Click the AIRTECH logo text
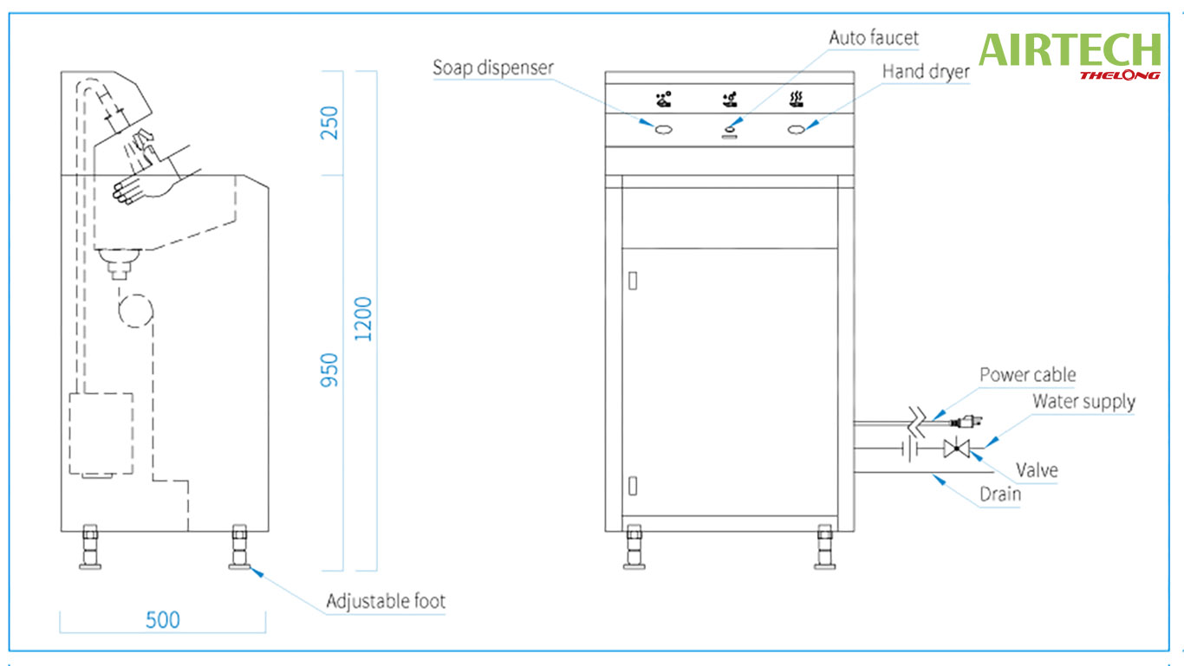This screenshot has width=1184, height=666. click(x=1070, y=50)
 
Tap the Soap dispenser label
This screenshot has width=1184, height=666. click(x=493, y=68)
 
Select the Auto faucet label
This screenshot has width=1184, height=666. click(x=874, y=38)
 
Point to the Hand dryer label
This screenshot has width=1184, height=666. click(x=926, y=72)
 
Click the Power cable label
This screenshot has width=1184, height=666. click(x=1027, y=375)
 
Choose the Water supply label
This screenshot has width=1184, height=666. click(x=1083, y=402)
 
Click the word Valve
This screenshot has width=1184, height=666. click(x=1037, y=470)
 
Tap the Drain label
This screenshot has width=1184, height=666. click(x=999, y=495)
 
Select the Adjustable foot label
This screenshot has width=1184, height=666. click(x=386, y=601)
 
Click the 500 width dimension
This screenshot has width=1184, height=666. click(x=163, y=620)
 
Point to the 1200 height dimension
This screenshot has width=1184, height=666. click(x=364, y=319)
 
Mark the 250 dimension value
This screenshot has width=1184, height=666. click(x=330, y=124)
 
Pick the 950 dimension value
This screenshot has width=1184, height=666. click(x=330, y=370)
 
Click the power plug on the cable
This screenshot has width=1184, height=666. click(x=966, y=422)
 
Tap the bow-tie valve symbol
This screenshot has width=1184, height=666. click(x=957, y=449)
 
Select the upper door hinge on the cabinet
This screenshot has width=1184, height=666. click(x=633, y=281)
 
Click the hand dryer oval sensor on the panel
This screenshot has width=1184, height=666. click(x=795, y=130)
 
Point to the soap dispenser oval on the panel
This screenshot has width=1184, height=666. click(x=664, y=130)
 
